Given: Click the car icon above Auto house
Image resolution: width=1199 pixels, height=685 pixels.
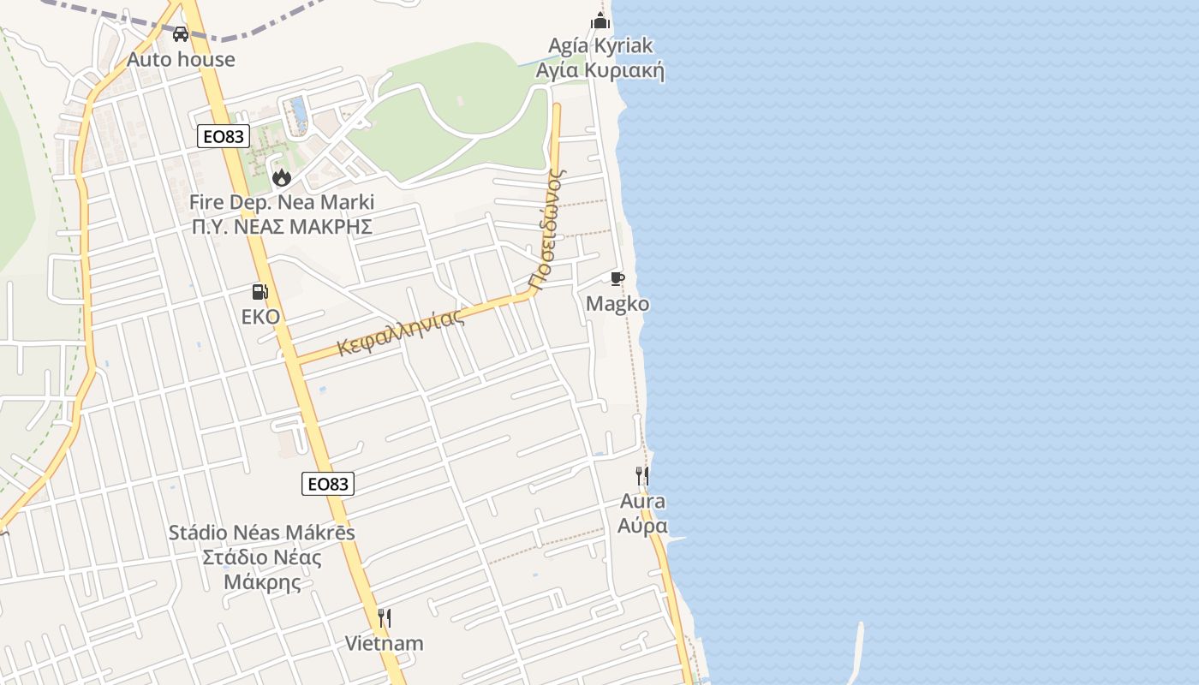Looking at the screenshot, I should pyautogui.click(x=181, y=34).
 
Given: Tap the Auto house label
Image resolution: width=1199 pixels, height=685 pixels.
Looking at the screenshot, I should pyautogui.click(x=181, y=59).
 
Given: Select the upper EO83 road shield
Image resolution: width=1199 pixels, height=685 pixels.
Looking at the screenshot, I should pyautogui.click(x=223, y=136).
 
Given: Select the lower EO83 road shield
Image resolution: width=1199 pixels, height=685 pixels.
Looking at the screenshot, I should pyautogui.click(x=328, y=484).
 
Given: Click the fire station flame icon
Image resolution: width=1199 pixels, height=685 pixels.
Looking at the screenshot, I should pyautogui.click(x=281, y=178).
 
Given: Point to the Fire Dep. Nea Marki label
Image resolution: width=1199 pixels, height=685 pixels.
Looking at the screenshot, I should pyautogui.click(x=281, y=203).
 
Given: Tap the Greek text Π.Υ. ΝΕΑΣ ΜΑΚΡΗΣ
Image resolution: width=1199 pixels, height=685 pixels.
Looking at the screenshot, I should pyautogui.click(x=281, y=227).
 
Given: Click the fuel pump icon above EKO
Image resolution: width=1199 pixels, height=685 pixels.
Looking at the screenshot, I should pyautogui.click(x=259, y=292).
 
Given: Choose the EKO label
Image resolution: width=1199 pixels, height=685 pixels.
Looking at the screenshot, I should pyautogui.click(x=260, y=317).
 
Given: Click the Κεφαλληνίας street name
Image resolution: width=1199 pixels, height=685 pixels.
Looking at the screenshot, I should pyautogui.click(x=401, y=332).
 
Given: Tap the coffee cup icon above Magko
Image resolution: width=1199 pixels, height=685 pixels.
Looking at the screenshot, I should pyautogui.click(x=617, y=279).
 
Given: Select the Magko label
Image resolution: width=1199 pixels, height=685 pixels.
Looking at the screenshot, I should pyautogui.click(x=617, y=304).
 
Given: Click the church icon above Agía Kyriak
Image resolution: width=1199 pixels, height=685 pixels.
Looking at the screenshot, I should pyautogui.click(x=600, y=21).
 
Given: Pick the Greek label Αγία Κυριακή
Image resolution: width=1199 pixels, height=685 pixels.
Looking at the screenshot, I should pyautogui.click(x=599, y=70).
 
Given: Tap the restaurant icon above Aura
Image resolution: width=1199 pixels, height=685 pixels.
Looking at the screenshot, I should pyautogui.click(x=641, y=476).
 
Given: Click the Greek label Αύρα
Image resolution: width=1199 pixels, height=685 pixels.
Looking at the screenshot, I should pyautogui.click(x=642, y=525).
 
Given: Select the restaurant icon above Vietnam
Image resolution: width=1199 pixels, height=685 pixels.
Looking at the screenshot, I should pyautogui.click(x=385, y=617).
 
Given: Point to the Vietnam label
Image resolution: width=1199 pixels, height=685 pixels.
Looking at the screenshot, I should pyautogui.click(x=384, y=643).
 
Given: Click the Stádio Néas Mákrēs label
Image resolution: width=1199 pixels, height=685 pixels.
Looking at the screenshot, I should pyautogui.click(x=261, y=533).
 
